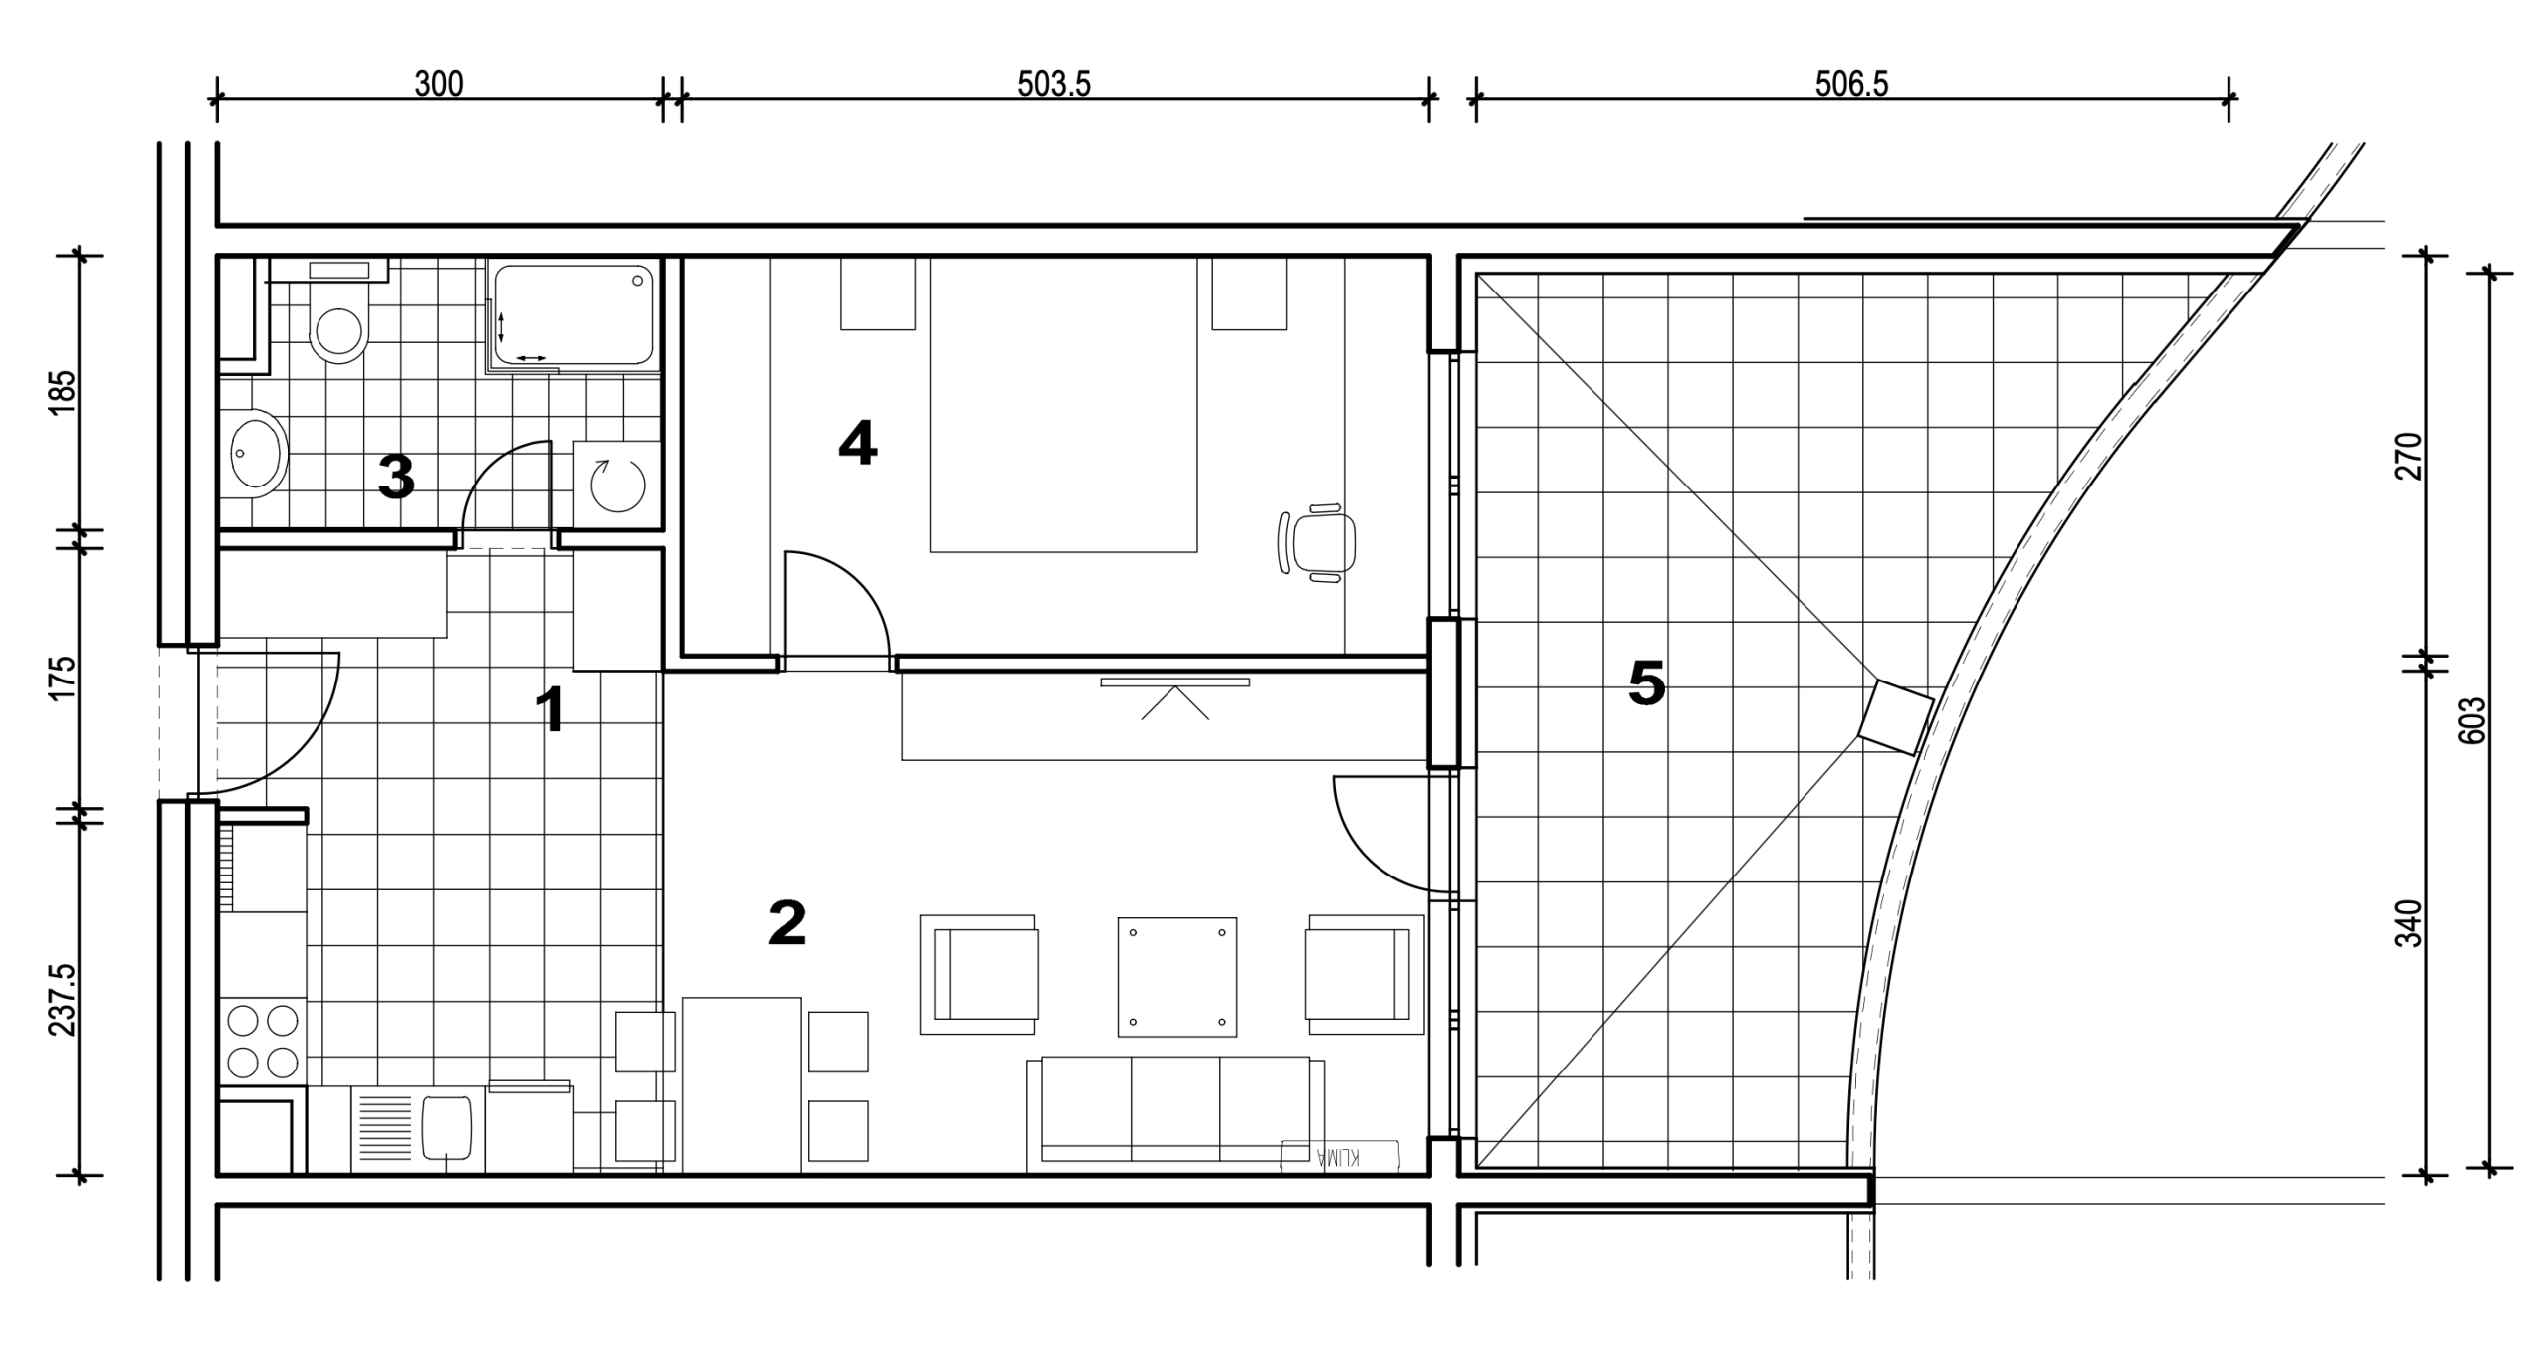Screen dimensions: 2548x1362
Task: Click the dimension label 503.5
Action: pos(1053,84)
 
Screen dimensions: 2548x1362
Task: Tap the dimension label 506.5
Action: pos(1851,84)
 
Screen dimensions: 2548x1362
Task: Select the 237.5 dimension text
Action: pos(63,999)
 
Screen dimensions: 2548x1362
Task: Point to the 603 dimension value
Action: pos(2471,720)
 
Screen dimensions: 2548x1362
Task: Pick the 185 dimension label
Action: pos(63,393)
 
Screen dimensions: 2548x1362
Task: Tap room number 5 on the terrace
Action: pos(1646,684)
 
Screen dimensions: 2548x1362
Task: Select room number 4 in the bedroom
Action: pos(857,443)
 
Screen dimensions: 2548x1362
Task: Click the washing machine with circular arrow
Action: pos(617,485)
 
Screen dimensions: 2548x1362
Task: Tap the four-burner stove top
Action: pos(263,1041)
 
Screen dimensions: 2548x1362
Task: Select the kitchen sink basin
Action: pos(447,1127)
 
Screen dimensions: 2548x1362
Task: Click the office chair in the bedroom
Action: pos(1317,543)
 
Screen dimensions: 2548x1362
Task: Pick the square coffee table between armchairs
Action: pos(1177,977)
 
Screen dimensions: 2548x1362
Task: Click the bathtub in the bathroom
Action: pos(574,314)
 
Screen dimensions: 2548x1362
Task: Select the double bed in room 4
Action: pos(1063,404)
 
